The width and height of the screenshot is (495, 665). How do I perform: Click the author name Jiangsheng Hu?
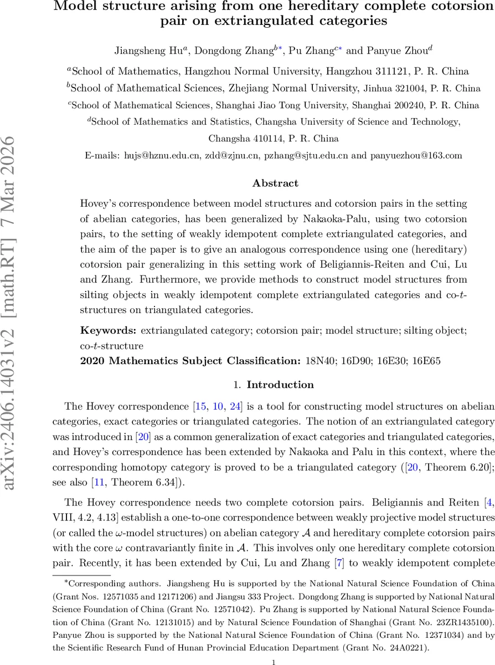pos(150,51)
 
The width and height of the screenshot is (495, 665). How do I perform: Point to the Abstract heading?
pos(275,183)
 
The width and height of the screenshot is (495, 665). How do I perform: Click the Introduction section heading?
pos(280,385)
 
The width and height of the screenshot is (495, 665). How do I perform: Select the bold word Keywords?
pos(109,331)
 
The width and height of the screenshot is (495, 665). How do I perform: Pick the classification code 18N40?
pos(319,361)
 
